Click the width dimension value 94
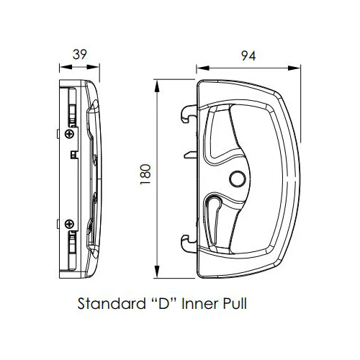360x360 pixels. (248, 55)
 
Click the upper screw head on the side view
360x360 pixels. (69, 133)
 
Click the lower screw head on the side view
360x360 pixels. (69, 223)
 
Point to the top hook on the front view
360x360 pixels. (189, 112)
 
